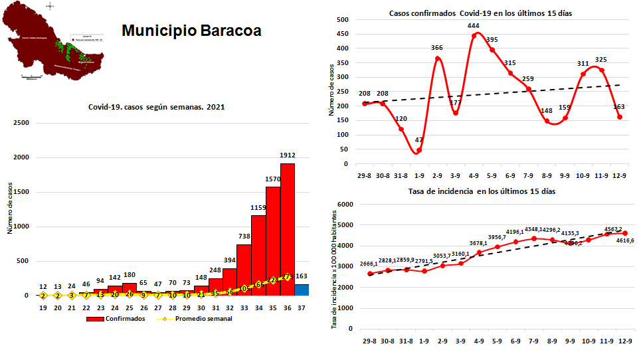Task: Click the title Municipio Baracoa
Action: pos(191,31)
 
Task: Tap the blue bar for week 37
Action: pos(302,290)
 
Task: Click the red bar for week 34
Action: pos(258,255)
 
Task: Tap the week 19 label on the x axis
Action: pos(43,308)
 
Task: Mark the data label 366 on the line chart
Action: pos(436,48)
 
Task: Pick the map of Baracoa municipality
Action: pos(53,43)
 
